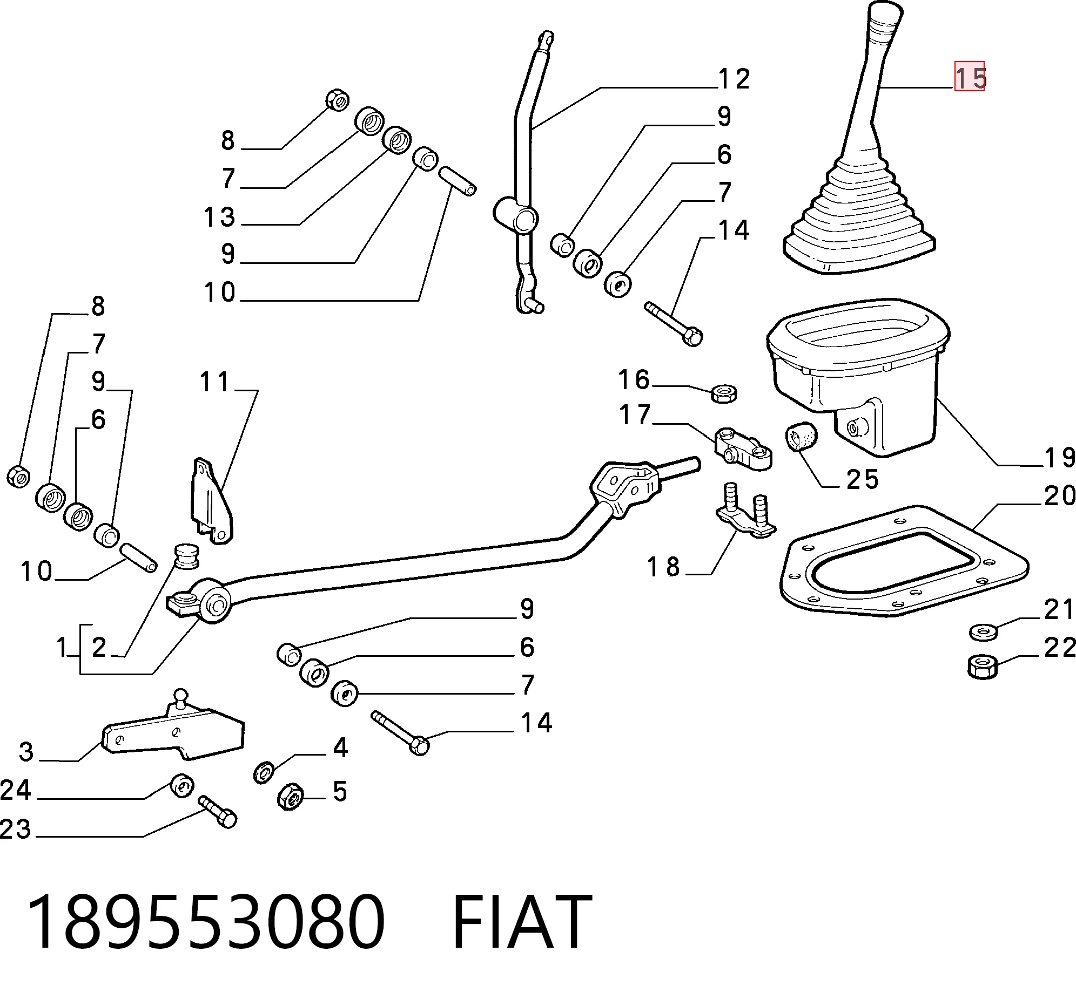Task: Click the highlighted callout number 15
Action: click(x=969, y=77)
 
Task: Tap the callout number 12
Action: click(x=734, y=79)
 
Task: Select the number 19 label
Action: click(x=1059, y=458)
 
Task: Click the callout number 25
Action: click(x=862, y=479)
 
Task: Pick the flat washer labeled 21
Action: click(x=983, y=631)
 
